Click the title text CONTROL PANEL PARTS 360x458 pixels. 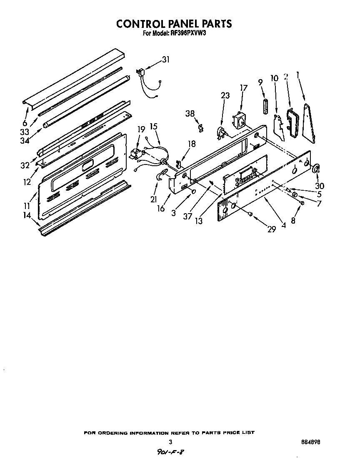coord(174,24)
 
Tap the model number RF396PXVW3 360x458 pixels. coord(188,35)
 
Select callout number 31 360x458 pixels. coord(166,60)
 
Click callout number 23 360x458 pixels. coord(225,95)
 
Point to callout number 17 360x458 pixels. coord(243,88)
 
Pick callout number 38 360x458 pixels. coord(190,113)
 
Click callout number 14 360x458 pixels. coord(26,215)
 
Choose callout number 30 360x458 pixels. coord(320,186)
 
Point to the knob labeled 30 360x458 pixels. coord(316,169)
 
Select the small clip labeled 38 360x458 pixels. coord(201,128)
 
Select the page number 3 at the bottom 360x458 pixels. coord(170,442)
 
